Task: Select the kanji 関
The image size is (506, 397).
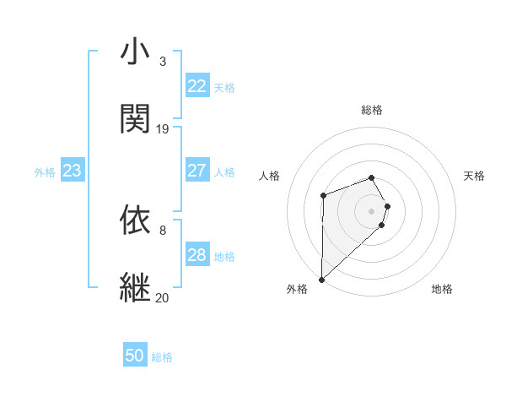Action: click(x=135, y=119)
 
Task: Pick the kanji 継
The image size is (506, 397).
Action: click(x=135, y=286)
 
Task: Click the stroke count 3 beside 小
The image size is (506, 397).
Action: click(x=162, y=62)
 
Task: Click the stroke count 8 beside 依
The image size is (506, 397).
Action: click(x=162, y=229)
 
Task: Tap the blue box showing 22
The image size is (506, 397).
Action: click(x=196, y=86)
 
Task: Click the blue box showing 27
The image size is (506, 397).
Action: click(x=196, y=171)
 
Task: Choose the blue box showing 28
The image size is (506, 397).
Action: click(x=196, y=255)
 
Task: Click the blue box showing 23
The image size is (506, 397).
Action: click(x=72, y=171)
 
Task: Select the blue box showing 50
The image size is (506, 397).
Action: click(x=135, y=356)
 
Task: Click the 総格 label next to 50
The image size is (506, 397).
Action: click(x=162, y=357)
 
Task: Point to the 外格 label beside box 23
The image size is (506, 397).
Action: click(x=45, y=172)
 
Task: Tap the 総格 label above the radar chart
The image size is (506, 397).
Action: click(x=371, y=110)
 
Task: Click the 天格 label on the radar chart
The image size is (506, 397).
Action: click(x=475, y=176)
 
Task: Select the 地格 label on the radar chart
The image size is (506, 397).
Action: click(x=442, y=289)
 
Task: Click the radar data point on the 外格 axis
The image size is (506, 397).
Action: click(x=321, y=279)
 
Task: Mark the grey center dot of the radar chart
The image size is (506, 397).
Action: click(x=371, y=210)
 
